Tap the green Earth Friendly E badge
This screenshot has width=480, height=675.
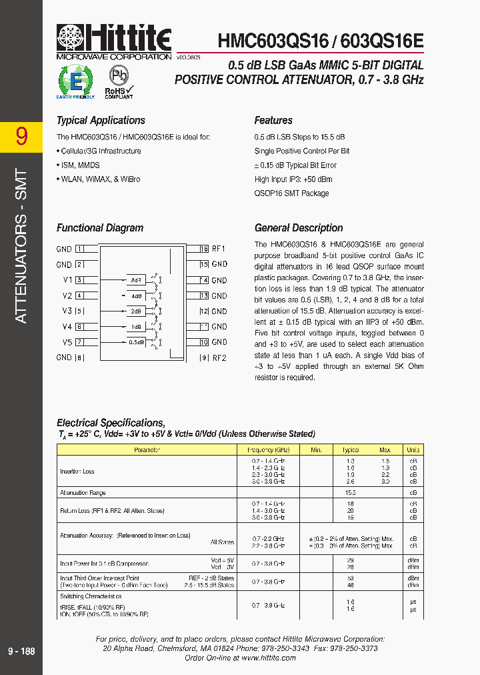(x=76, y=81)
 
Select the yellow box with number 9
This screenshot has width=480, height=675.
(x=21, y=136)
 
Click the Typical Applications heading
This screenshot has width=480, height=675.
(x=101, y=121)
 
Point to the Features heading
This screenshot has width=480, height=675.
(x=273, y=121)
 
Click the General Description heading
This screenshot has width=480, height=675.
(x=299, y=228)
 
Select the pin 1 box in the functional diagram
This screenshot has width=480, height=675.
(x=79, y=249)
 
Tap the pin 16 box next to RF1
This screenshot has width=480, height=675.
(x=205, y=249)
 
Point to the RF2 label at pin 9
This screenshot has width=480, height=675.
(x=219, y=358)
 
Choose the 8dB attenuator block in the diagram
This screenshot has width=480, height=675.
(x=135, y=280)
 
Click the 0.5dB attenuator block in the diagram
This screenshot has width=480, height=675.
(x=135, y=342)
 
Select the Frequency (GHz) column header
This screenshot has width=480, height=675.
(x=269, y=450)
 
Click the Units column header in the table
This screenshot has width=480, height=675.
(x=413, y=450)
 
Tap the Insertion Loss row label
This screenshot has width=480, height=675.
(x=77, y=472)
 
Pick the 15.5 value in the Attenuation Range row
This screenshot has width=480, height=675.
(x=351, y=493)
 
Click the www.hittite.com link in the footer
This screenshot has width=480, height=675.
(x=268, y=658)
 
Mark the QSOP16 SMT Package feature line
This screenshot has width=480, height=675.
(x=291, y=193)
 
